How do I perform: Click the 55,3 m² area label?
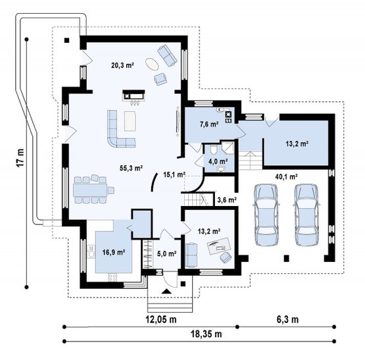tap(131, 168)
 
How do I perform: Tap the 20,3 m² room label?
tap(122, 65)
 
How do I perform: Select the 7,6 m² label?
tap(208, 124)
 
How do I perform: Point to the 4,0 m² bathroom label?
tap(218, 161)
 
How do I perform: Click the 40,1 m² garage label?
tap(287, 177)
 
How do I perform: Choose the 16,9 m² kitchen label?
tap(114, 252)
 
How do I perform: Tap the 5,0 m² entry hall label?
tap(166, 253)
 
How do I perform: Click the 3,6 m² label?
tap(227, 199)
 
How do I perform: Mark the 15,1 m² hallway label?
tap(174, 174)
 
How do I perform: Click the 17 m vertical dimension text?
tap(21, 157)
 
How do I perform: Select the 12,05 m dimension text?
tap(161, 319)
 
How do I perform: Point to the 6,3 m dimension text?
tap(287, 319)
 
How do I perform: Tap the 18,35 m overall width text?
tap(207, 334)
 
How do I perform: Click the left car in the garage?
tap(266, 215)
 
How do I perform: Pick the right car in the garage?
tap(306, 215)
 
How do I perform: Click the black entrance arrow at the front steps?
tap(166, 291)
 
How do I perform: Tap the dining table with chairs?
tap(93, 189)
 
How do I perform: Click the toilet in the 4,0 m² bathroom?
tap(214, 149)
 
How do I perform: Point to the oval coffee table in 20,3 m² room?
tap(152, 64)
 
